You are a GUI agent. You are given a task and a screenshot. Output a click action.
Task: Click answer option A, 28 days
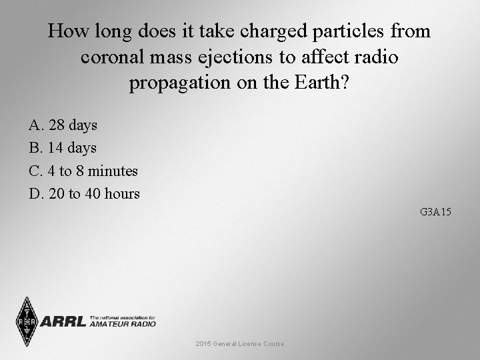[63, 125]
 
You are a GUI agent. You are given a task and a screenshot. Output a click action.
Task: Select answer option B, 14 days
[63, 147]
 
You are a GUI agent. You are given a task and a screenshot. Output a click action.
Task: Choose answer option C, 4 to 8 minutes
[83, 171]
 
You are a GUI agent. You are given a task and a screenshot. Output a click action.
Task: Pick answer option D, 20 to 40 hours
[85, 194]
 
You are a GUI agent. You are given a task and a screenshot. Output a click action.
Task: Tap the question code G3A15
[436, 213]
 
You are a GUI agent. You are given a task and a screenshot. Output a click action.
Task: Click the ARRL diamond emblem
[26, 321]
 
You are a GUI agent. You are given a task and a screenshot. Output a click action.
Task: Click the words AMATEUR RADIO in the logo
[122, 324]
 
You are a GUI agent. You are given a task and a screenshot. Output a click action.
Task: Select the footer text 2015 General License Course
[240, 343]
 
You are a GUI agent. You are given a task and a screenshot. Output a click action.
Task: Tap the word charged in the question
[265, 31]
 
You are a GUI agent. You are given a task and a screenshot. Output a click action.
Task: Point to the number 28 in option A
[55, 125]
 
